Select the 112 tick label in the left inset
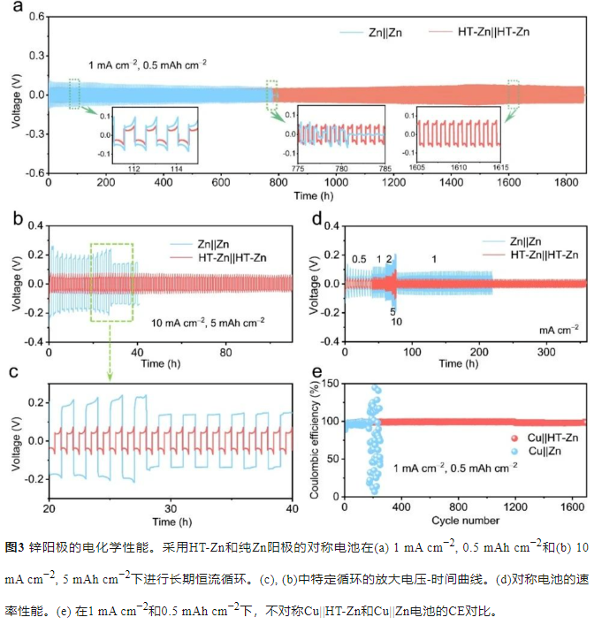[x=134, y=168]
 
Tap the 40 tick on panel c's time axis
[x=292, y=512]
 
